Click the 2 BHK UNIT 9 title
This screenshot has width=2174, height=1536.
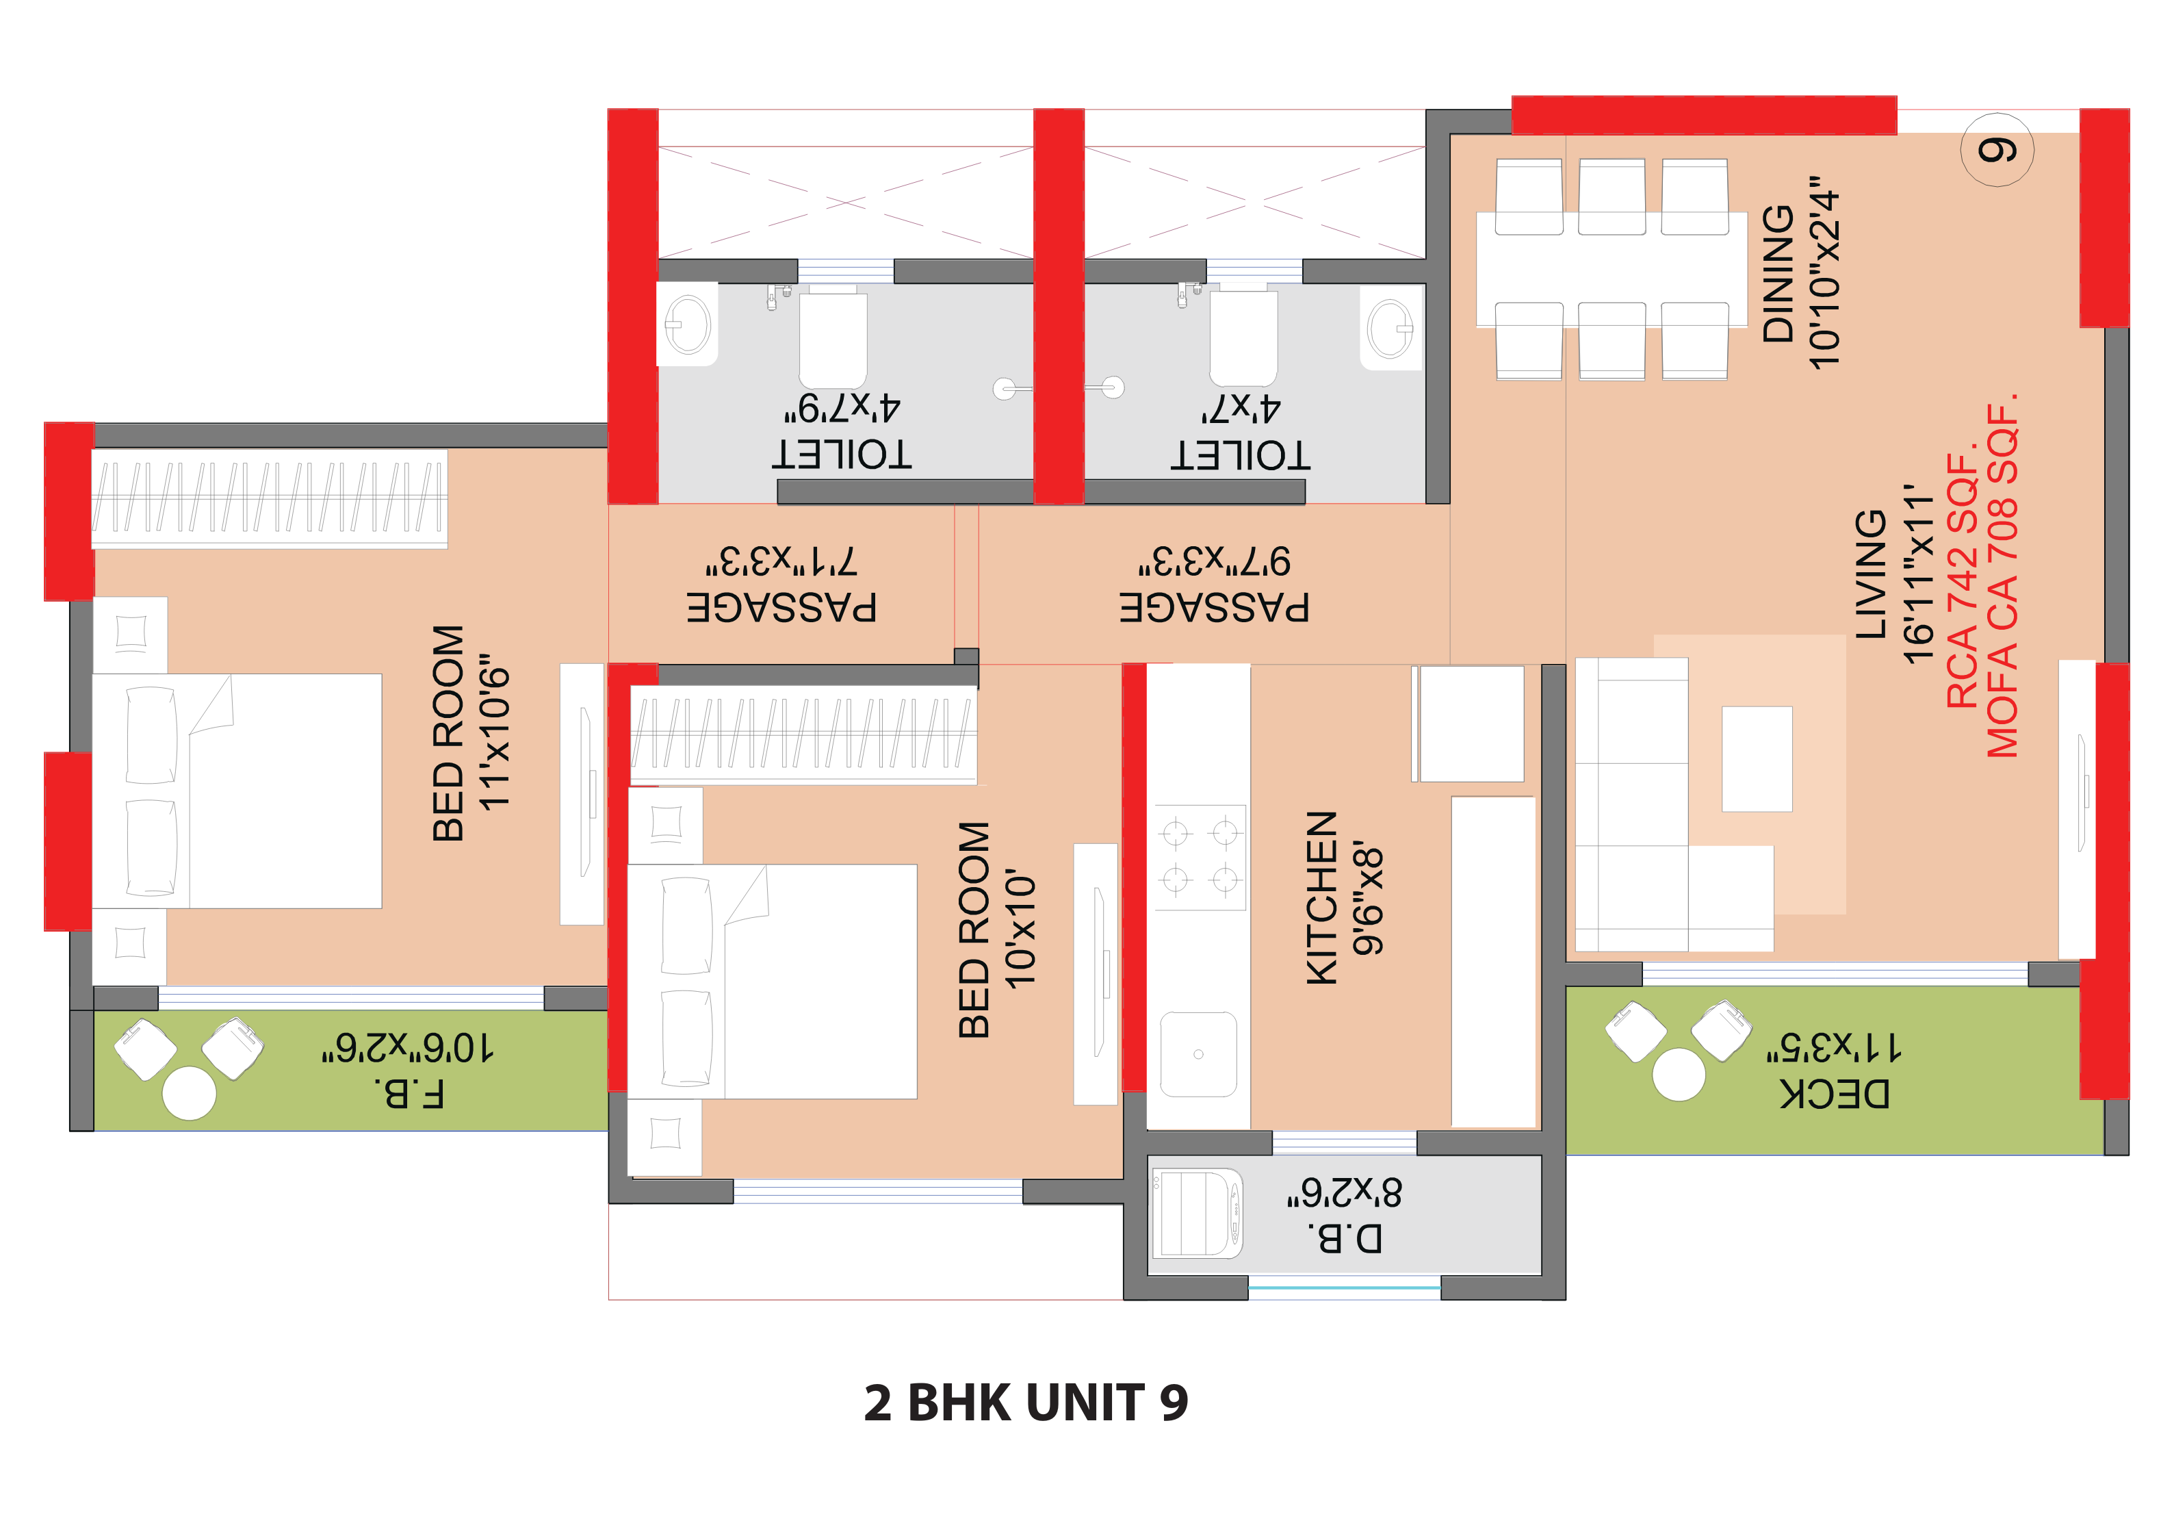coord(1026,1403)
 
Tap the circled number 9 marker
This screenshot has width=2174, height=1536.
coord(1997,150)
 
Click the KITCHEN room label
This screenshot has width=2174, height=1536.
coord(1321,898)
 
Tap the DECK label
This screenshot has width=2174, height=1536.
coord(1834,1094)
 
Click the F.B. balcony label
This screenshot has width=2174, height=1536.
coord(409,1094)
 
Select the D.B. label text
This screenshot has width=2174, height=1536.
coord(1345,1238)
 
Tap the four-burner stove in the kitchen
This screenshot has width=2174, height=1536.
coord(1200,857)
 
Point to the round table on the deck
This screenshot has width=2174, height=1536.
coord(1678,1075)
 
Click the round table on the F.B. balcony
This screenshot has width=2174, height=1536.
coord(190,1093)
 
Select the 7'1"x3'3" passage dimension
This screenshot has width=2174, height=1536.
coord(781,561)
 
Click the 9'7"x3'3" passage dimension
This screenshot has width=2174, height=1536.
coord(1214,561)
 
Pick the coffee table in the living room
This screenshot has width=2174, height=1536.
coord(1757,758)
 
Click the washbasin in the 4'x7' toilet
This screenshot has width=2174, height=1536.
coord(1390,329)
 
